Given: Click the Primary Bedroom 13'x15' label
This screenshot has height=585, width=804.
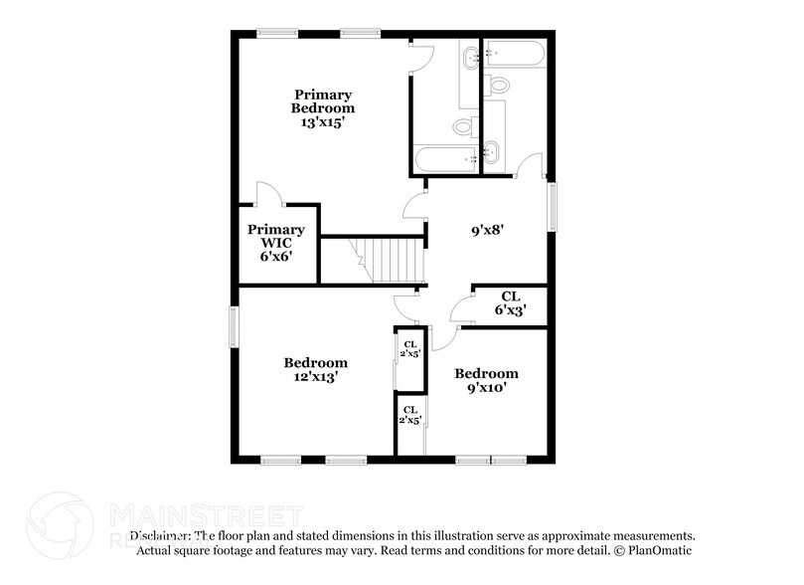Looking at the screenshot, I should [322, 108].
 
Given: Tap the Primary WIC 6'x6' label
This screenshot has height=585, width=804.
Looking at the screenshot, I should [275, 242].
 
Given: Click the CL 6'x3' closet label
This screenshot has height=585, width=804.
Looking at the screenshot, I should [510, 302].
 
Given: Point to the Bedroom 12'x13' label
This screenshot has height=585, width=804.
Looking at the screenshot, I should [315, 370].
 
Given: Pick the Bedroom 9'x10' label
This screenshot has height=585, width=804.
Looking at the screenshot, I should [486, 380].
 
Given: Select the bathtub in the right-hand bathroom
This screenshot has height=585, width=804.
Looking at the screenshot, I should [514, 52].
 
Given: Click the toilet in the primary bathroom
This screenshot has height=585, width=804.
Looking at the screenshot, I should [464, 126].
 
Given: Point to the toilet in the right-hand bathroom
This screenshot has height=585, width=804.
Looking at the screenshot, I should [497, 83].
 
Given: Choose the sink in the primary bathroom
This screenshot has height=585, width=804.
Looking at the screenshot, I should [470, 59].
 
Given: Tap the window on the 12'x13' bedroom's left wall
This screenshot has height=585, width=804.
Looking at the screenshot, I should [236, 326].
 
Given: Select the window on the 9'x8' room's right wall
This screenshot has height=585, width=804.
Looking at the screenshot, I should [552, 206].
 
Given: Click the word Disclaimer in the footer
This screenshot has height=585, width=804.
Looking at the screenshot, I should [159, 535].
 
